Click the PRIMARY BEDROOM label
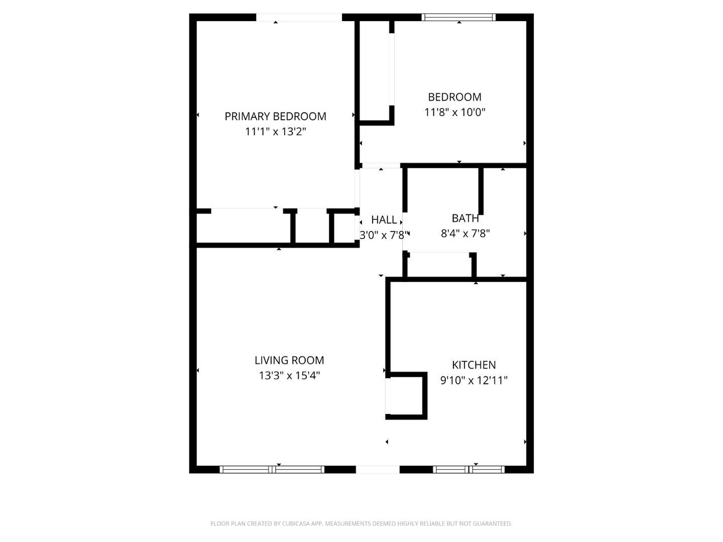(x=275, y=116)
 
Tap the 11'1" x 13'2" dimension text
(x=275, y=132)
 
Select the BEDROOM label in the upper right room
(x=454, y=97)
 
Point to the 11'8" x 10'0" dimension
(x=454, y=112)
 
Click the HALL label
(x=384, y=220)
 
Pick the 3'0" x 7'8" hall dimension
(x=384, y=234)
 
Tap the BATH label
(x=465, y=218)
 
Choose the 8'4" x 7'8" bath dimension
(x=465, y=233)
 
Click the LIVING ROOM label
(x=289, y=360)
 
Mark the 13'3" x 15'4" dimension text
(x=289, y=375)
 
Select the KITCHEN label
(x=473, y=365)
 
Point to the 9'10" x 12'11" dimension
(x=473, y=380)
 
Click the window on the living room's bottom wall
(x=272, y=470)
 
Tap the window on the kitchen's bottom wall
(x=468, y=470)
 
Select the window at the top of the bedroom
(x=458, y=17)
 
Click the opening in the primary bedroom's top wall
(x=299, y=17)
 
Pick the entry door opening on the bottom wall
(x=378, y=470)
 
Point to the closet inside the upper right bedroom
(x=375, y=70)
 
